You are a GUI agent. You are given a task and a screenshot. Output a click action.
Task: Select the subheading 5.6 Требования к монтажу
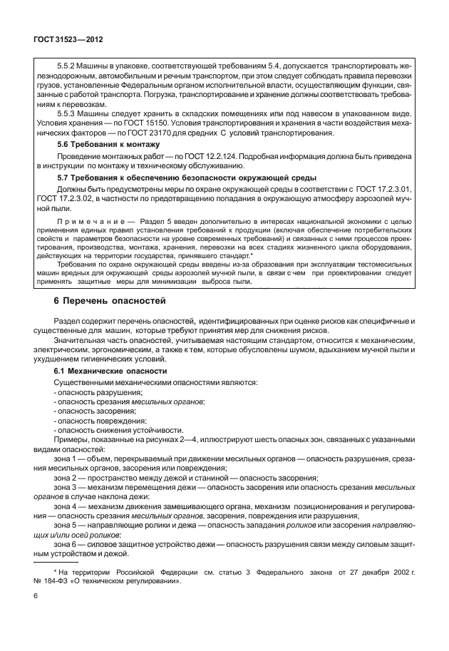(106, 144)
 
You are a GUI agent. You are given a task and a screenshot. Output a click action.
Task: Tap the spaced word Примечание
(83, 222)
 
